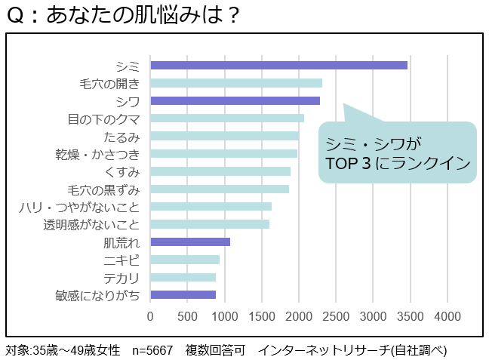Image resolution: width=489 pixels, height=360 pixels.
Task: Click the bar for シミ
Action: click(x=279, y=65)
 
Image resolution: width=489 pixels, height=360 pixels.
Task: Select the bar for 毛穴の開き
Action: click(x=236, y=83)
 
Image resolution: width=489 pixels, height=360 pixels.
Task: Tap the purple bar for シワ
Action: click(x=235, y=100)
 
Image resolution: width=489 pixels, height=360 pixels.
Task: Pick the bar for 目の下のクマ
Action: click(x=227, y=118)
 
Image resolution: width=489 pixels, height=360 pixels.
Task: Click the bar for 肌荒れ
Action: click(x=190, y=242)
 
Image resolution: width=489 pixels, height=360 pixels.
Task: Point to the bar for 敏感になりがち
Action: click(x=183, y=294)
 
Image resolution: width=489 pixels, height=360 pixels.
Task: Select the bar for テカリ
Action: click(x=183, y=277)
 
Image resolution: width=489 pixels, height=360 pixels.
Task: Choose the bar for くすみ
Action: click(x=220, y=171)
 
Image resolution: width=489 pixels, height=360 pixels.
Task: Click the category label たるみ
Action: click(x=121, y=137)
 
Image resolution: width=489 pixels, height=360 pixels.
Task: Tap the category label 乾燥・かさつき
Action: click(x=97, y=154)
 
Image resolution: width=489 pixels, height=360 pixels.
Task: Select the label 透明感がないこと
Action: click(x=91, y=224)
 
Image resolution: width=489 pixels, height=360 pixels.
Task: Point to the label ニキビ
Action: click(x=121, y=260)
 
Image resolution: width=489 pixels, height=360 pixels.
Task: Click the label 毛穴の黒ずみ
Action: click(x=103, y=189)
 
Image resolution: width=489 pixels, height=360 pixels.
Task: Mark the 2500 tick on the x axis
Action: click(x=337, y=315)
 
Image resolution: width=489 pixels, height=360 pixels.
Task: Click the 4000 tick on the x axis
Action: click(x=447, y=315)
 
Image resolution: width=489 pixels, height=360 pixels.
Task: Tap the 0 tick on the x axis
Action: click(x=151, y=315)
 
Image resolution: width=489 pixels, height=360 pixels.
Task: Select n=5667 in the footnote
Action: click(x=153, y=350)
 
